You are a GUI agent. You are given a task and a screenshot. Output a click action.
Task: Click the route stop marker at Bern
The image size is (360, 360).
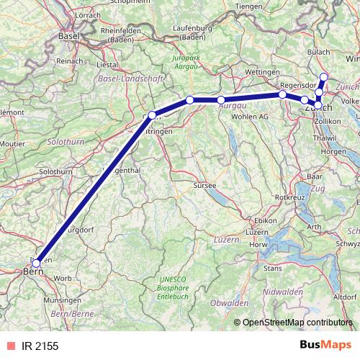pos(36,263)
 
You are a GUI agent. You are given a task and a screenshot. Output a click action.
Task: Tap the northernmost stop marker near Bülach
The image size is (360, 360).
pos(324,77)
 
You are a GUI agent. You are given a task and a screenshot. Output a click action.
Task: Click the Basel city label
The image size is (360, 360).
pos(68,35)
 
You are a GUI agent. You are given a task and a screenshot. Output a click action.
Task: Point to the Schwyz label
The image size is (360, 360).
pos(347,243)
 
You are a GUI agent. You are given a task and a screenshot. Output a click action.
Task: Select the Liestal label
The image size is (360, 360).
pos(107,63)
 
